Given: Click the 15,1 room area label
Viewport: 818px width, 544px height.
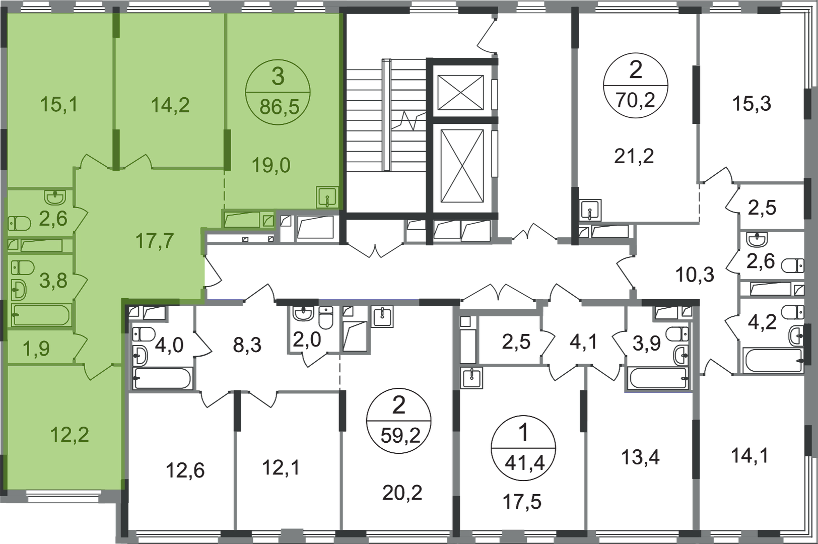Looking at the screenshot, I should point(58,105).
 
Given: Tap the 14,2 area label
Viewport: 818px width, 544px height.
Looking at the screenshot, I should point(170,105).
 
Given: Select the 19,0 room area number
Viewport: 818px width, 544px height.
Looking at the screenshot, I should point(271,165).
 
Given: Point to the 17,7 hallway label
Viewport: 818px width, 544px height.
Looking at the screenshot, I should point(155,241).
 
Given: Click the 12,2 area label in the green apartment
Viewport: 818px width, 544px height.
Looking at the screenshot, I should point(70,434).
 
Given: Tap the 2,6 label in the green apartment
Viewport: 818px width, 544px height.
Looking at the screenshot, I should point(52,220).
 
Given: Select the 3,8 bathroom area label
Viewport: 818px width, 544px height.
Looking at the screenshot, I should point(53,281).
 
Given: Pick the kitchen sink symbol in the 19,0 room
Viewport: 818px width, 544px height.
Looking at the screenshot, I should point(327,197).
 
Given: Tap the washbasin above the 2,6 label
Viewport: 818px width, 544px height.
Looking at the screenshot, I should point(54,195).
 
